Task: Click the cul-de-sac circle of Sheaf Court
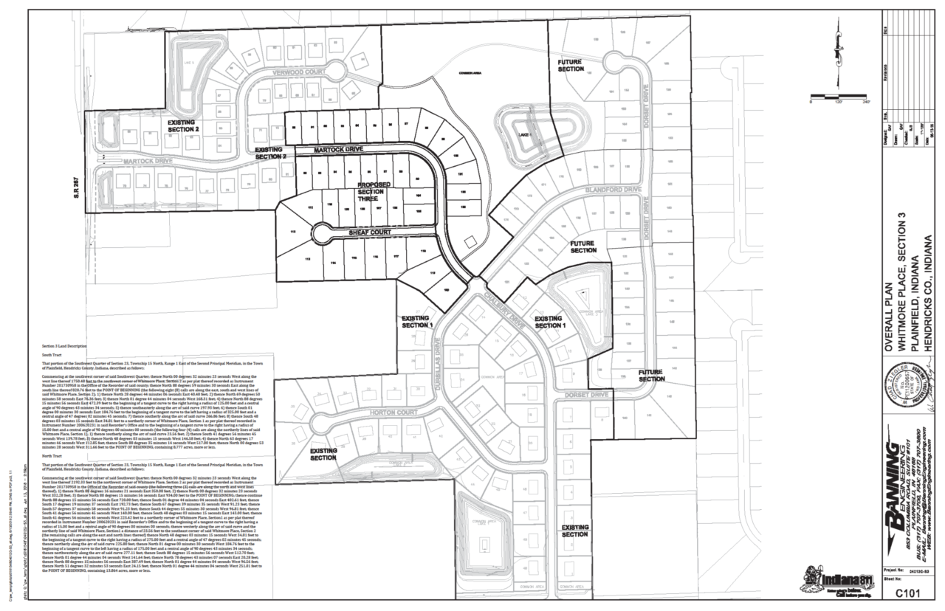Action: click(322, 234)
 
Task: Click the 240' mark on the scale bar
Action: click(865, 102)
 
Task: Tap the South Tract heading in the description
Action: click(53, 355)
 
